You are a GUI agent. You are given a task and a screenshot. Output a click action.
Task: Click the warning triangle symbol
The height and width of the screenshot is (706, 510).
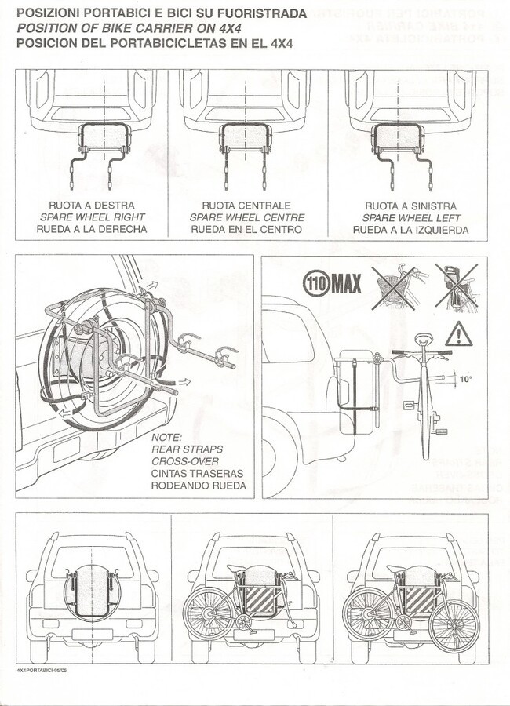pyautogui.click(x=457, y=334)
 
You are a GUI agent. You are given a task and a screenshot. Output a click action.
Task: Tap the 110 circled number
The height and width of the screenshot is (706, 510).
pyautogui.click(x=316, y=283)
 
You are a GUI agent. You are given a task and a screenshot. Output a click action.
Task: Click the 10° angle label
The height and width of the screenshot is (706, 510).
pyautogui.click(x=465, y=380)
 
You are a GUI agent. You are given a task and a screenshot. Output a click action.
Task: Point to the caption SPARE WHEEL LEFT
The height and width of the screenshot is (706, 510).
pyautogui.click(x=411, y=218)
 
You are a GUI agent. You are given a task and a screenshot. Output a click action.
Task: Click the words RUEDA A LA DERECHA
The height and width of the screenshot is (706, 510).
pyautogui.click(x=90, y=230)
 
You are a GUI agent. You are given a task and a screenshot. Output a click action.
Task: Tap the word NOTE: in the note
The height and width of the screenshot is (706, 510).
pyautogui.click(x=166, y=437)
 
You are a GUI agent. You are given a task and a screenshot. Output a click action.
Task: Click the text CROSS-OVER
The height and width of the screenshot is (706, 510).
pyautogui.click(x=185, y=461)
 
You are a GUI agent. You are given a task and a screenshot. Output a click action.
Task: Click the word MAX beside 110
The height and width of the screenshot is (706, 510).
pyautogui.click(x=345, y=283)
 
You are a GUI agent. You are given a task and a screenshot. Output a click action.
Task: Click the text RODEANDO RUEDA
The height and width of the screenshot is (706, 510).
pyautogui.click(x=199, y=486)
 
